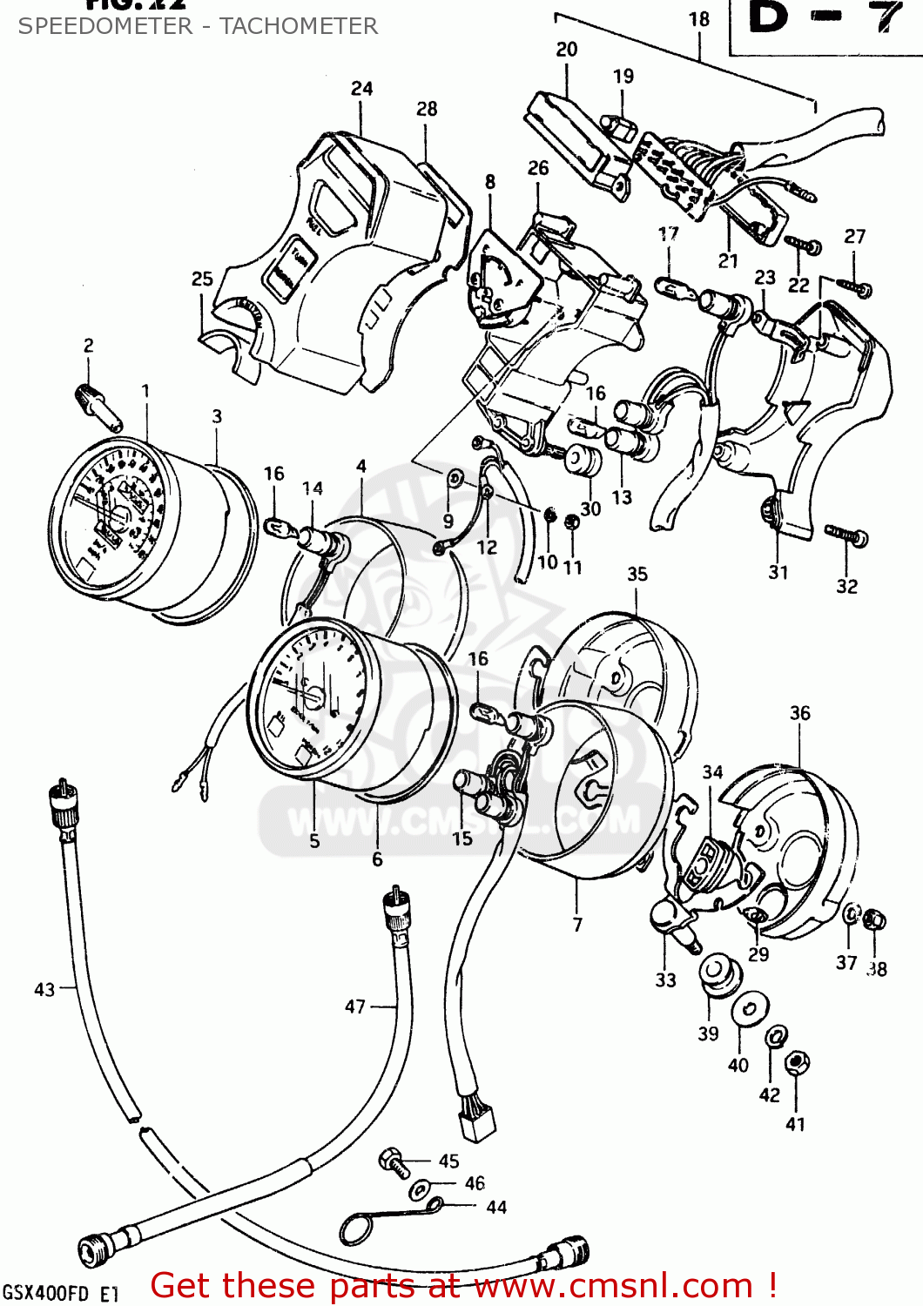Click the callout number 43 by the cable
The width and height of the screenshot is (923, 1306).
pos(44,990)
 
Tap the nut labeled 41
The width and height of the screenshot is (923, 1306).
pos(795,1064)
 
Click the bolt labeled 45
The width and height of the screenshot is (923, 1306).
pos(393,1161)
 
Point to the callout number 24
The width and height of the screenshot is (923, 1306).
pos(362,89)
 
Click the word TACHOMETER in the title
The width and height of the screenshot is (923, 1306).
pos(299,26)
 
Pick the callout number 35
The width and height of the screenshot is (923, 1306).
pos(637,575)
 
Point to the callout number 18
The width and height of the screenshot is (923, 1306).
pos(699,19)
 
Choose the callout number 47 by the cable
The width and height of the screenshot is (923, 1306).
pos(355,1006)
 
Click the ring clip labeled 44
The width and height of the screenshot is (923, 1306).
pos(356,1229)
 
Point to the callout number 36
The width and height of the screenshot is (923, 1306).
pos(799,714)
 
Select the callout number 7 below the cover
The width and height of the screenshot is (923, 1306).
pos(577,925)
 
